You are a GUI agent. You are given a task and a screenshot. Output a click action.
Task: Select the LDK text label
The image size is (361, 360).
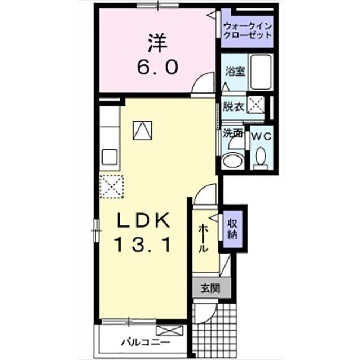click(x=143, y=220)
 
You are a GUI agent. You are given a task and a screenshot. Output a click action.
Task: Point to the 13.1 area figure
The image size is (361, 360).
click(x=143, y=245)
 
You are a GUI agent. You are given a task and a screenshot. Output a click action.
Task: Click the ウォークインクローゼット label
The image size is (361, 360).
click(x=248, y=30)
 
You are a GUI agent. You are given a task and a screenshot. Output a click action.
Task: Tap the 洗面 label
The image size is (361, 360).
click(x=232, y=134)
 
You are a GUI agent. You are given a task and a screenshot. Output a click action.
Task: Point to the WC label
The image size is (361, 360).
click(x=261, y=136)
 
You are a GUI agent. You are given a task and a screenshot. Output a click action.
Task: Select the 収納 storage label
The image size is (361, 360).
click(x=232, y=229)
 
